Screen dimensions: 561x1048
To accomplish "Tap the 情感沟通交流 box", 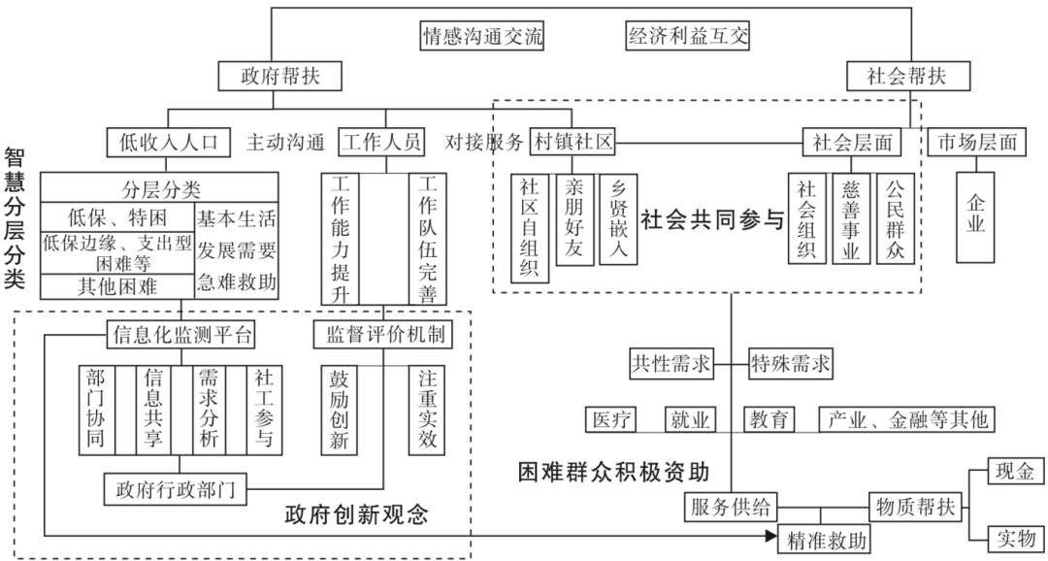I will tap(481, 37).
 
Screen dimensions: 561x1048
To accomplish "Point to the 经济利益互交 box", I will tap(688, 37).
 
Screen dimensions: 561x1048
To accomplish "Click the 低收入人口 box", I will tap(168, 143).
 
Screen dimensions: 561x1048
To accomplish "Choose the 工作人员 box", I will tap(382, 143).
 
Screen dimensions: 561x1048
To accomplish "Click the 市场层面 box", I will tap(975, 143).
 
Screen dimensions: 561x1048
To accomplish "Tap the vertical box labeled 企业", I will tap(975, 216).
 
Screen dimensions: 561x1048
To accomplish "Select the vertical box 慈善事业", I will tap(851, 219).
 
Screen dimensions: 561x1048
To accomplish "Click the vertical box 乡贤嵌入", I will tap(618, 219).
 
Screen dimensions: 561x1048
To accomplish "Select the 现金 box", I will tap(1016, 473).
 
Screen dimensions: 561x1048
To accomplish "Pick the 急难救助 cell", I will tap(237, 283).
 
